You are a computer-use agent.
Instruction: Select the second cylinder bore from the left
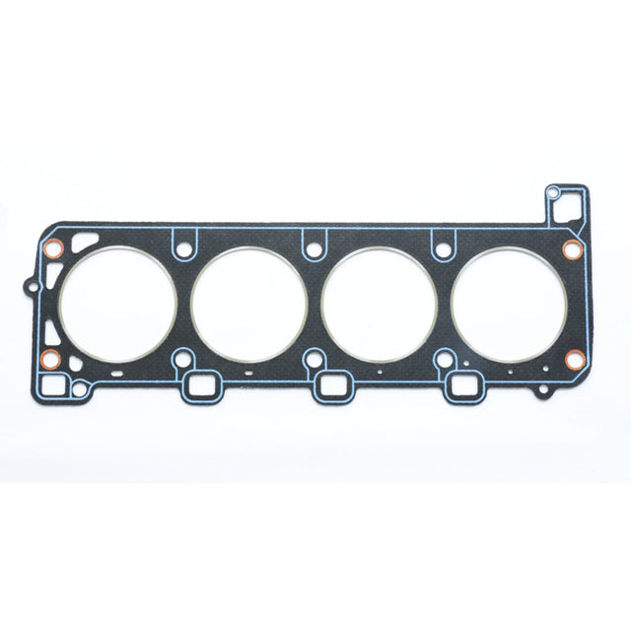[248, 303]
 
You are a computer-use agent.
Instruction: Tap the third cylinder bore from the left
[380, 303]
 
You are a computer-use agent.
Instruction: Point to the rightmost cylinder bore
[509, 301]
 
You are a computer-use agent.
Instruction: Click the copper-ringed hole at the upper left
[56, 247]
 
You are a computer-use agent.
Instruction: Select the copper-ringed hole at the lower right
[574, 360]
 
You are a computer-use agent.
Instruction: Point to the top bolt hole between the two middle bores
[314, 250]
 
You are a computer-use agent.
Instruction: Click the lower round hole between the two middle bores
[314, 359]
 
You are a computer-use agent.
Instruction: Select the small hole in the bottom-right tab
[540, 391]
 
